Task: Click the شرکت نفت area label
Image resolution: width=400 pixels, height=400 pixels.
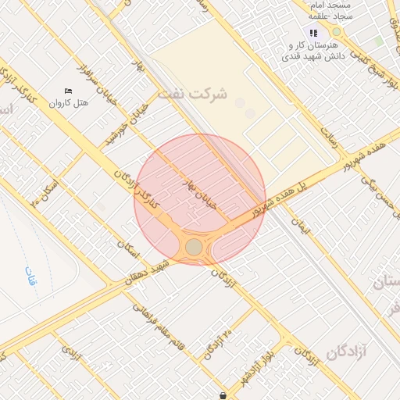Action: [192, 94]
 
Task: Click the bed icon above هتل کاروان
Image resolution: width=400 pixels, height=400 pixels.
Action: [68, 91]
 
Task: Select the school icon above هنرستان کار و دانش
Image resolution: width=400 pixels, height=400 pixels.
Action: [313, 33]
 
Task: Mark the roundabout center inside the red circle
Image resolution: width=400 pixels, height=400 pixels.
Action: [194, 248]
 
